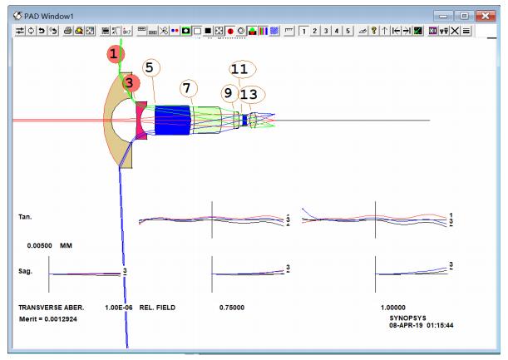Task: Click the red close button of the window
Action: click(x=486, y=16)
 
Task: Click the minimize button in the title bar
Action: click(x=443, y=16)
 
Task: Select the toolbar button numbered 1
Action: click(x=303, y=31)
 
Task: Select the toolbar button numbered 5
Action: click(x=348, y=31)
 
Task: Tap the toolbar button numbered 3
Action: click(x=326, y=31)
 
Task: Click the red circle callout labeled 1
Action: click(x=115, y=54)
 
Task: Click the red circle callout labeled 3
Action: click(x=131, y=83)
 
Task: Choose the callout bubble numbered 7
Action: click(x=188, y=88)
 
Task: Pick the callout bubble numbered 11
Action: click(x=243, y=69)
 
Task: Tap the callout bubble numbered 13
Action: click(x=252, y=94)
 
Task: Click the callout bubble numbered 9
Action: click(x=229, y=93)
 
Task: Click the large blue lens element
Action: click(x=172, y=120)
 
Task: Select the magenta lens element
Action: click(x=141, y=121)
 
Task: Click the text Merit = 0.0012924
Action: click(x=48, y=319)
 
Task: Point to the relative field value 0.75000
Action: click(x=232, y=308)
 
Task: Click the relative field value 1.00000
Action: click(x=393, y=308)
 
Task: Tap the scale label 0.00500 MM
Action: click(x=50, y=245)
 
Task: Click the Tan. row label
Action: click(x=25, y=217)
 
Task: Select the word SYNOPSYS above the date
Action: click(x=407, y=318)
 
